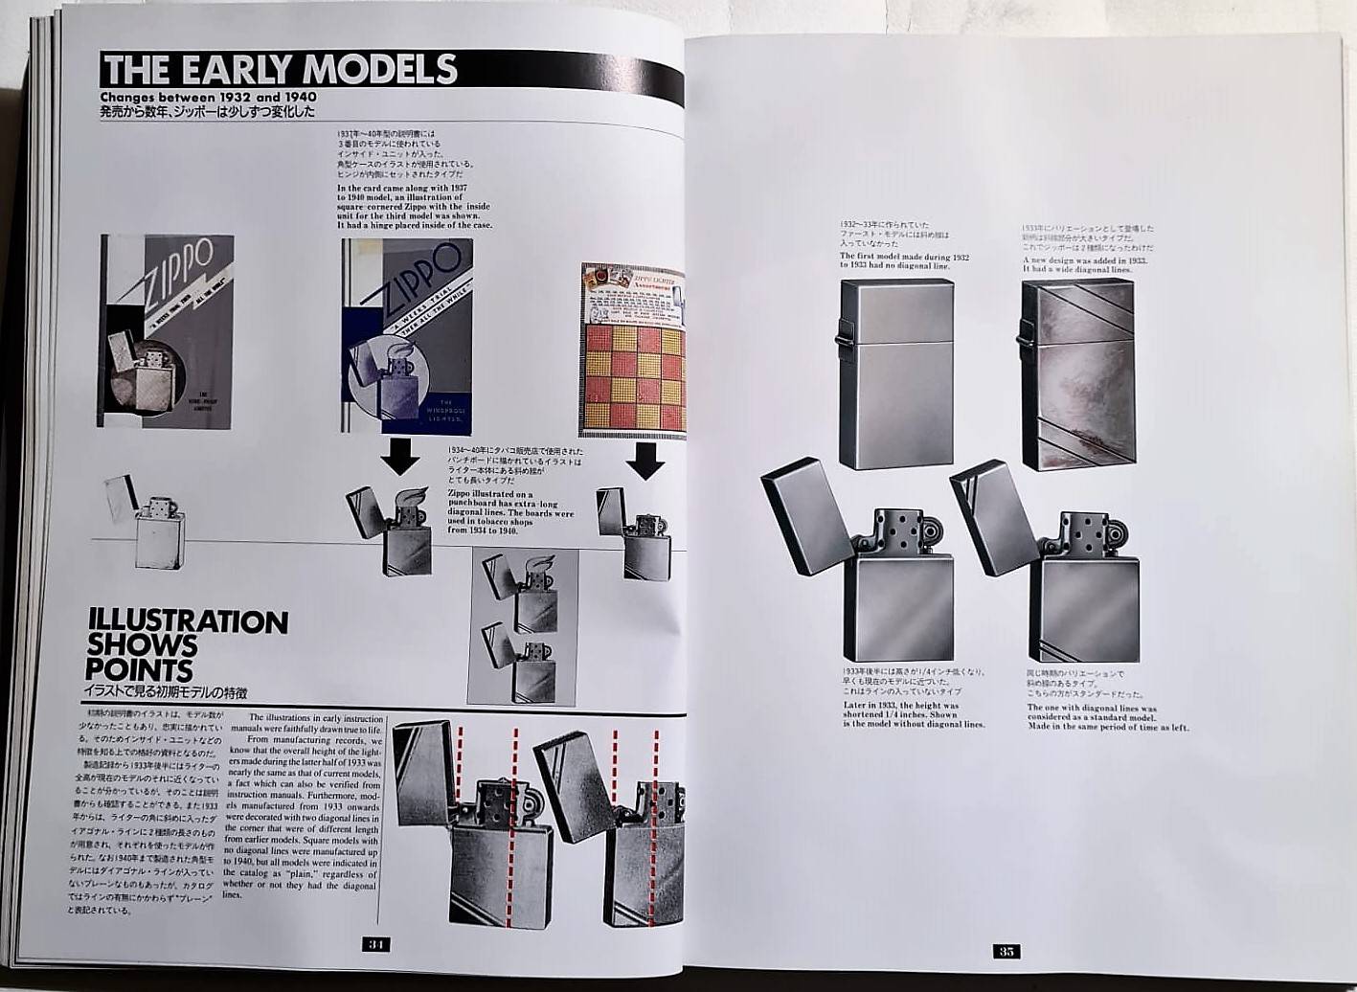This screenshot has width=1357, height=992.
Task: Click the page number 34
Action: [x=376, y=944]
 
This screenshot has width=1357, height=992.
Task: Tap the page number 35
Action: [x=1006, y=951]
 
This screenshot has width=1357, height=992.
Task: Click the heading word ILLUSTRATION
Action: [x=188, y=622]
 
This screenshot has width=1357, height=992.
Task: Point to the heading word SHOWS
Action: [x=142, y=645]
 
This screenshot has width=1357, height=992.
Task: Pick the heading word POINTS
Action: [x=139, y=669]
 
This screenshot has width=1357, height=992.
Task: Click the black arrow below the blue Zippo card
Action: [x=399, y=457]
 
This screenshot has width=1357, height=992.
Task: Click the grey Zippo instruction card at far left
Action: [x=165, y=330]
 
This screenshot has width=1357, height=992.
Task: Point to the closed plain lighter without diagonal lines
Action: [x=895, y=373]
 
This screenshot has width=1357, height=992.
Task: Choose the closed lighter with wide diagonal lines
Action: [x=1078, y=375]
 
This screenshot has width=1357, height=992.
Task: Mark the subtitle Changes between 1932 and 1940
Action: [x=209, y=98]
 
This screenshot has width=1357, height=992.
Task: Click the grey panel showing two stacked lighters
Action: [x=522, y=627]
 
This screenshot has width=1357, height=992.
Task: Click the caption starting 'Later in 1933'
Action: [x=914, y=715]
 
